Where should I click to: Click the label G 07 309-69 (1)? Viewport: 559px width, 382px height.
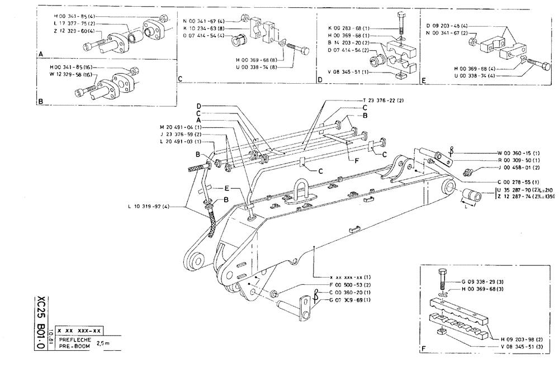pyautogui.click(x=350, y=300)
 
